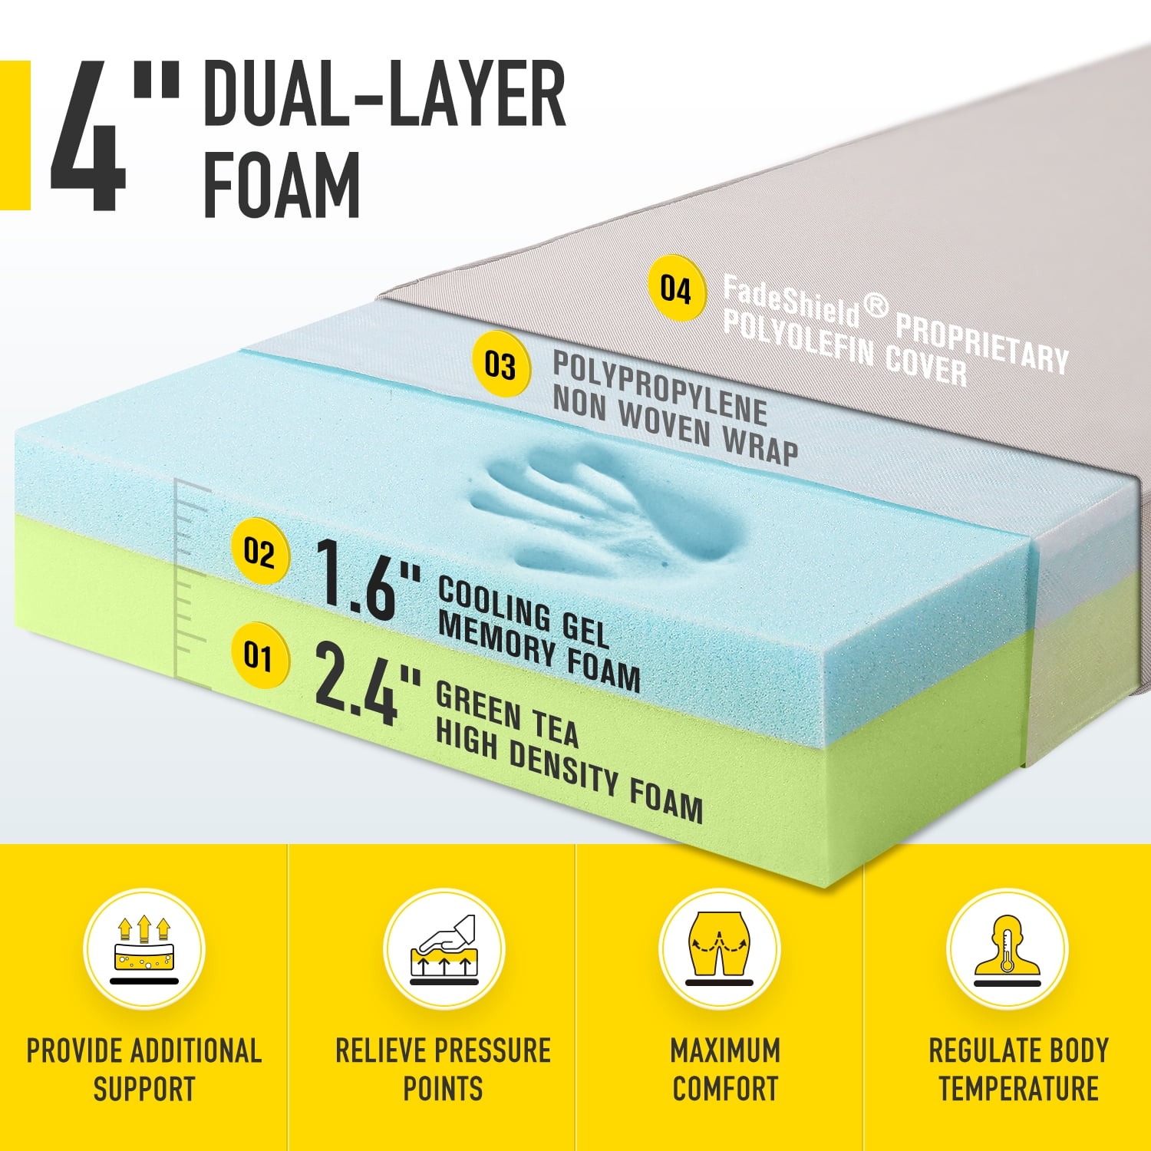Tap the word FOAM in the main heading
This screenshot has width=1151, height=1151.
click(282, 184)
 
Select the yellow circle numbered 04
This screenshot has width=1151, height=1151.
click(675, 289)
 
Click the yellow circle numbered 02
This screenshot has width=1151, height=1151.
click(259, 552)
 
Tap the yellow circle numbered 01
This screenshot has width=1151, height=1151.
click(259, 656)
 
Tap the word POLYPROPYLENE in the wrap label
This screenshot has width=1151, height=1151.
click(660, 388)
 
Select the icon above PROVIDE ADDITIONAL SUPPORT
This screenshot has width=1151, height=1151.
click(144, 949)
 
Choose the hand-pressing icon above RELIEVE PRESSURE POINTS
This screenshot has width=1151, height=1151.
click(444, 949)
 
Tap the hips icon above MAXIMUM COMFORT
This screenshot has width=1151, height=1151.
click(720, 949)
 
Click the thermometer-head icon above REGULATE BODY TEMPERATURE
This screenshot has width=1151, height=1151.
click(1008, 949)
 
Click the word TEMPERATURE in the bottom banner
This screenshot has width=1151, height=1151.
click(1018, 1089)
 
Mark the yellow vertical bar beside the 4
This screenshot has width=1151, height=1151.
click(15, 136)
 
